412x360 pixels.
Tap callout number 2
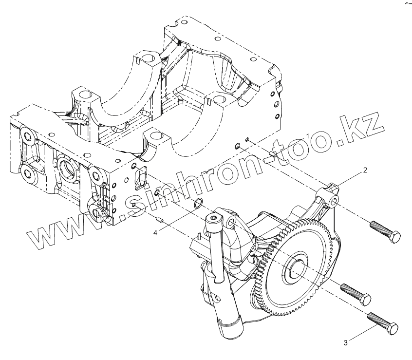(364, 171)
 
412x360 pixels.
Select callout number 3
(345, 342)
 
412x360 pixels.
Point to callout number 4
(155, 233)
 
